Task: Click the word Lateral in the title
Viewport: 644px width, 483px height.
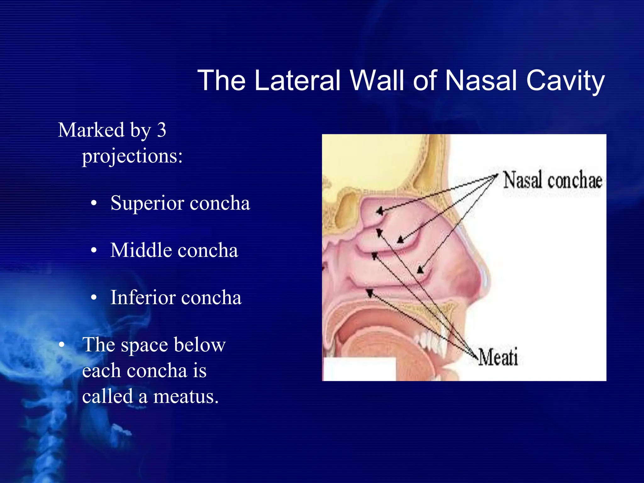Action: [x=297, y=80]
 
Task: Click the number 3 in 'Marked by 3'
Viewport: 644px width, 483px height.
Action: [x=161, y=130]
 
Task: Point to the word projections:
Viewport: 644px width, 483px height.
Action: [x=132, y=156]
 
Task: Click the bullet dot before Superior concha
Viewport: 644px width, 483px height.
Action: [x=93, y=204]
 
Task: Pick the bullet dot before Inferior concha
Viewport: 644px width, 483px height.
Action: [x=93, y=298]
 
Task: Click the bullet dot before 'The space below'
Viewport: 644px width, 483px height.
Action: [x=62, y=345]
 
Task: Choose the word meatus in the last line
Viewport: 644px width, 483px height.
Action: [x=186, y=396]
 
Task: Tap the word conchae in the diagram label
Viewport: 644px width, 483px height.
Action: [x=575, y=180]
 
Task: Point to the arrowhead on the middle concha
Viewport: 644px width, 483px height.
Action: [x=400, y=240]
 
